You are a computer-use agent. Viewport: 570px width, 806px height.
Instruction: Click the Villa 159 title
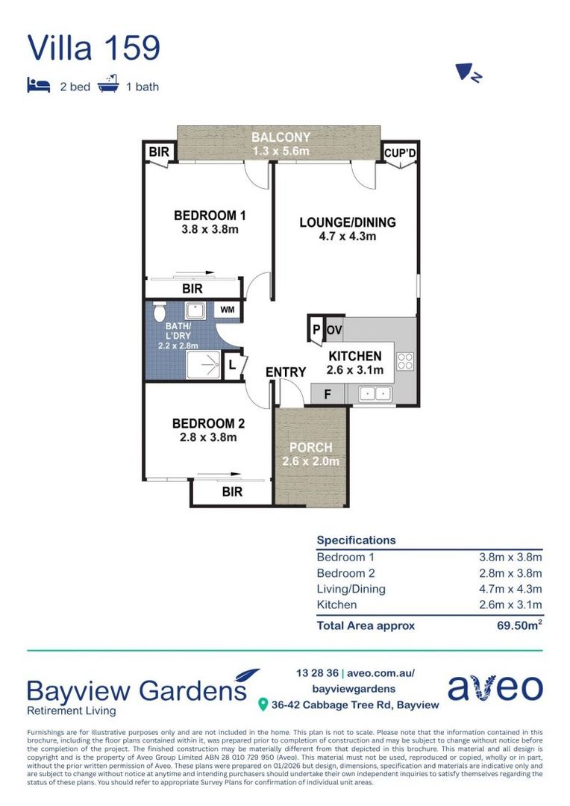(x=93, y=48)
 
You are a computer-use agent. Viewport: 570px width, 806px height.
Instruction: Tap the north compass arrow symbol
(x=468, y=72)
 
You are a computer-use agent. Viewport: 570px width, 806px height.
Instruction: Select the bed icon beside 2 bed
(x=39, y=85)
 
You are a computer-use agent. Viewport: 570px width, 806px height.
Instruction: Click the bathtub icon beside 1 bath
(x=108, y=84)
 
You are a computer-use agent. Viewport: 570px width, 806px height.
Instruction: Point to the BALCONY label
(x=281, y=137)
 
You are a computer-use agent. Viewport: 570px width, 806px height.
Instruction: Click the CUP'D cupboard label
(x=400, y=153)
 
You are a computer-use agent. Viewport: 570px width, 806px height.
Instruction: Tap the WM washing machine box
(x=227, y=310)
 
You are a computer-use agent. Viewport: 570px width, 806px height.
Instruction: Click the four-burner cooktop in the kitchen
(x=405, y=361)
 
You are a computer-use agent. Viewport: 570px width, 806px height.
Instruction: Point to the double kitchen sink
(x=375, y=394)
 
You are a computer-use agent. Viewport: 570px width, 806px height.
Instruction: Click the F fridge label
(x=328, y=395)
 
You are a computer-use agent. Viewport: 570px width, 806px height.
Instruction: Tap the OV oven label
(x=334, y=330)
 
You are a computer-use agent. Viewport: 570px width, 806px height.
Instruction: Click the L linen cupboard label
(x=232, y=366)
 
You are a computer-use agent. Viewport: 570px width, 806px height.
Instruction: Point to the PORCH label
(x=310, y=448)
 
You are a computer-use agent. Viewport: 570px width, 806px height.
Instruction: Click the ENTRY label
(x=286, y=372)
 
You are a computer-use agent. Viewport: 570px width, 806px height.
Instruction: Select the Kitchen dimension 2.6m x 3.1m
(x=510, y=604)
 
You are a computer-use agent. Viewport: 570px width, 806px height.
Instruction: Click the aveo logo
(x=495, y=688)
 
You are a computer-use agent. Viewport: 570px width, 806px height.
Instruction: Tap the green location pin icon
(x=263, y=705)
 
